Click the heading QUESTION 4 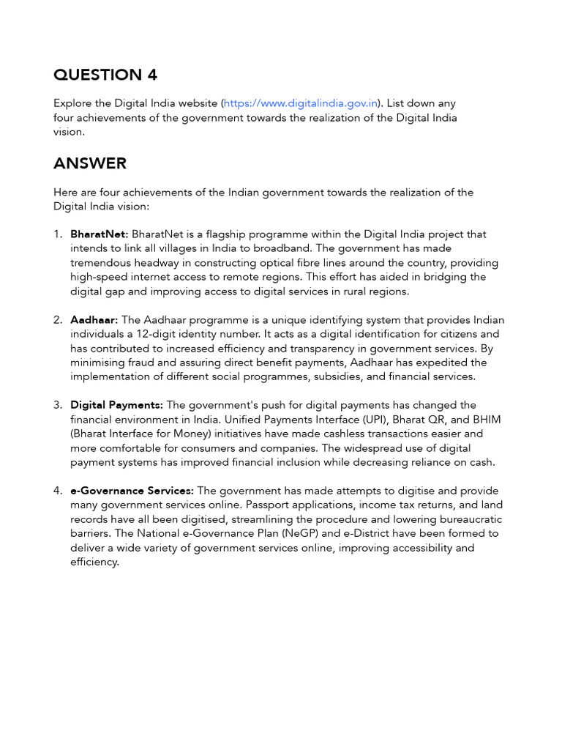[105, 75]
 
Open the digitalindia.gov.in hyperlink [301, 104]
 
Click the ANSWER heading [89, 163]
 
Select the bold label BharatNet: [100, 234]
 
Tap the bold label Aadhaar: [94, 320]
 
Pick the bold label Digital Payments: [117, 405]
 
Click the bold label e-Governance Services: [132, 491]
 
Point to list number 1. [58, 234]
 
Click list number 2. [58, 320]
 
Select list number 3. [58, 405]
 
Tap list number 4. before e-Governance [58, 491]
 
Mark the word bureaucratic [469, 519]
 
